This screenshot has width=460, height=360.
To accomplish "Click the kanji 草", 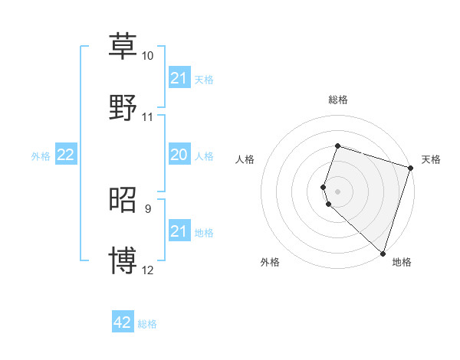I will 123,46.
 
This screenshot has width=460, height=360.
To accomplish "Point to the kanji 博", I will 123,260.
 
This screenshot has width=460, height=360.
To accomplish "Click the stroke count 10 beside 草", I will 147,57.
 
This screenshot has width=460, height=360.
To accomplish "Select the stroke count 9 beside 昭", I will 147,208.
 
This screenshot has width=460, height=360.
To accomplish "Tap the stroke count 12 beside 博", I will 147,270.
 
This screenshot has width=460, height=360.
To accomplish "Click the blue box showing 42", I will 123,322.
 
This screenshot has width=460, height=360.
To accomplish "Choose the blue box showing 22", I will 66,155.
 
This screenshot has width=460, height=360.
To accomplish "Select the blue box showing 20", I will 179,155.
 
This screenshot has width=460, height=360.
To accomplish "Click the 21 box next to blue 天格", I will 179,78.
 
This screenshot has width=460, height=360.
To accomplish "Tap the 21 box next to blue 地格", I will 179,231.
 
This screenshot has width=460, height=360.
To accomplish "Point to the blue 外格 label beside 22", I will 41,155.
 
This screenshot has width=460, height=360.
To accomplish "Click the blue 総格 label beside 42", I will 147,324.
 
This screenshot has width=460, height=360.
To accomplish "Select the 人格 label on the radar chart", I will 245,159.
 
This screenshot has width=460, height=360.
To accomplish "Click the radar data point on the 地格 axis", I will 383,253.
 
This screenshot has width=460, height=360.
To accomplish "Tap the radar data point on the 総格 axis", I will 337,146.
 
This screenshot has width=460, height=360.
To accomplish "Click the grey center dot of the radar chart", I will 337,191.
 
